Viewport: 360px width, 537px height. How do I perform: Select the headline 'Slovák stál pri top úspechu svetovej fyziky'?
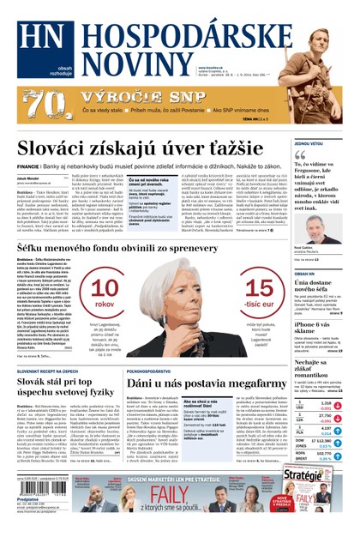pos(63,387)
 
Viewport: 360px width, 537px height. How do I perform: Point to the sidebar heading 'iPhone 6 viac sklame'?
pos(317,329)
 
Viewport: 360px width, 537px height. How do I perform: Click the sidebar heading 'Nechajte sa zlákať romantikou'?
pos(317,367)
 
